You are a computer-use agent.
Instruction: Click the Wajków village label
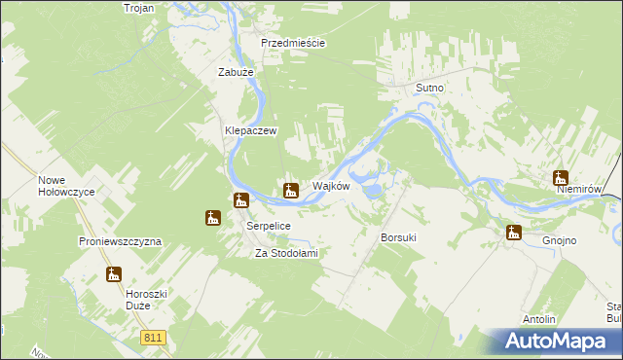point(330,186)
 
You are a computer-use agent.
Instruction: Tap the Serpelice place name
point(269,225)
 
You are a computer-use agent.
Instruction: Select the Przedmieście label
point(292,44)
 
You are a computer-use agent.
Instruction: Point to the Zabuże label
point(236,72)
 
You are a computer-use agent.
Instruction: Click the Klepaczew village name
point(252,130)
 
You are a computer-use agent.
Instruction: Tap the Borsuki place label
point(399,237)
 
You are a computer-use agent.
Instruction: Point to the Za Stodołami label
point(287,253)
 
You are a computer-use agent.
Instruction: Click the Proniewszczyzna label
point(120,240)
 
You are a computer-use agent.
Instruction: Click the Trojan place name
point(140,8)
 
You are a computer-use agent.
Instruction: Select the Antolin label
point(539,319)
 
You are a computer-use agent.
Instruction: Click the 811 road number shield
point(151,338)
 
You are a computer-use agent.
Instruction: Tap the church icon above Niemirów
point(561,177)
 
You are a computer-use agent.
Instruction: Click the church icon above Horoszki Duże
point(114,274)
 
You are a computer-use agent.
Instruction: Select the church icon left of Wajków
point(290,190)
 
